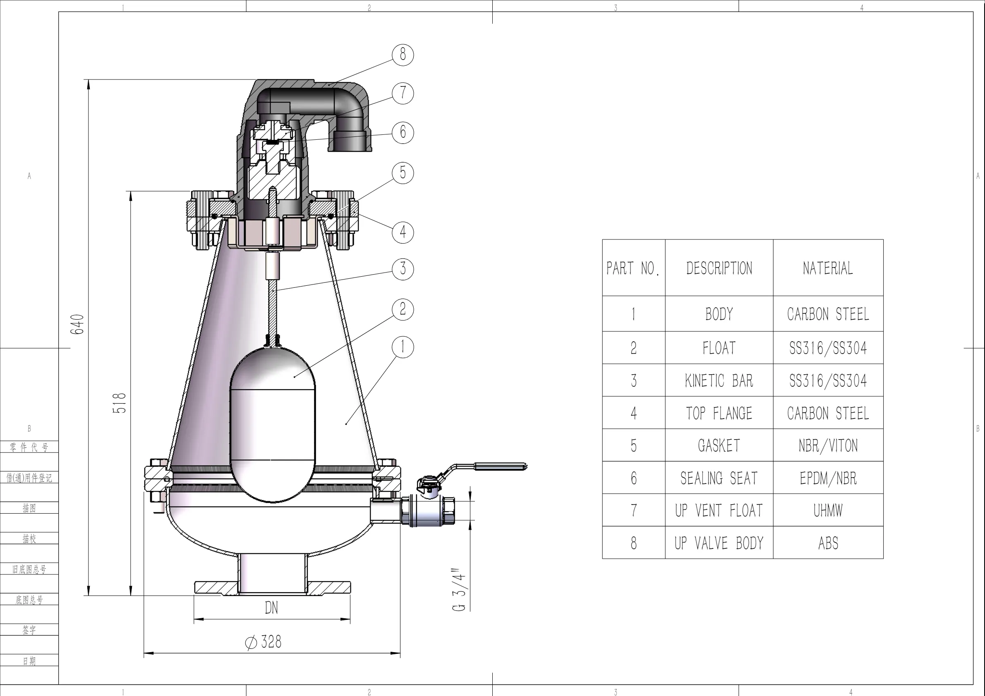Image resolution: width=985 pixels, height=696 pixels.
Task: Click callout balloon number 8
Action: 403,55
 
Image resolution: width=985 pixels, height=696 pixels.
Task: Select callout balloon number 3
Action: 403,269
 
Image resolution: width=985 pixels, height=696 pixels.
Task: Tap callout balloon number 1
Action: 403,347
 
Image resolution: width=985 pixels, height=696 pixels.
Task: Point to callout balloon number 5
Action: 403,172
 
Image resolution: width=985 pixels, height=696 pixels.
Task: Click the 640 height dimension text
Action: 78,324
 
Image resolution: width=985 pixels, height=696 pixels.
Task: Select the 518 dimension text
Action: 120,403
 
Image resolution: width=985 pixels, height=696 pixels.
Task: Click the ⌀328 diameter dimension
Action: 264,642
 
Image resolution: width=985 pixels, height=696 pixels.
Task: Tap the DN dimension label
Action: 271,608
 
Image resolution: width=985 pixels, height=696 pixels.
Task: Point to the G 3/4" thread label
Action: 459,590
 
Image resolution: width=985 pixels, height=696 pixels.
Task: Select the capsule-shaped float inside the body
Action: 273,425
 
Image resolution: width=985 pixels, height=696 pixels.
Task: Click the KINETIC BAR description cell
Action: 719,380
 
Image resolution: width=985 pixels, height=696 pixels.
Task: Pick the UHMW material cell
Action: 828,510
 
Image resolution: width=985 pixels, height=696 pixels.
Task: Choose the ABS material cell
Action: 828,543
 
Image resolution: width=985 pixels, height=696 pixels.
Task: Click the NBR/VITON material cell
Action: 828,445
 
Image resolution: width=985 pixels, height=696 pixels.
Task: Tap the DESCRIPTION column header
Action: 719,268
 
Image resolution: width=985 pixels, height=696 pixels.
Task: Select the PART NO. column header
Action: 633,268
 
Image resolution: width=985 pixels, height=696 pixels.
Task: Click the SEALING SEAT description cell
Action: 719,478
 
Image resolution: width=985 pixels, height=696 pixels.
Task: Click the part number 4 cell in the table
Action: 633,413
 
